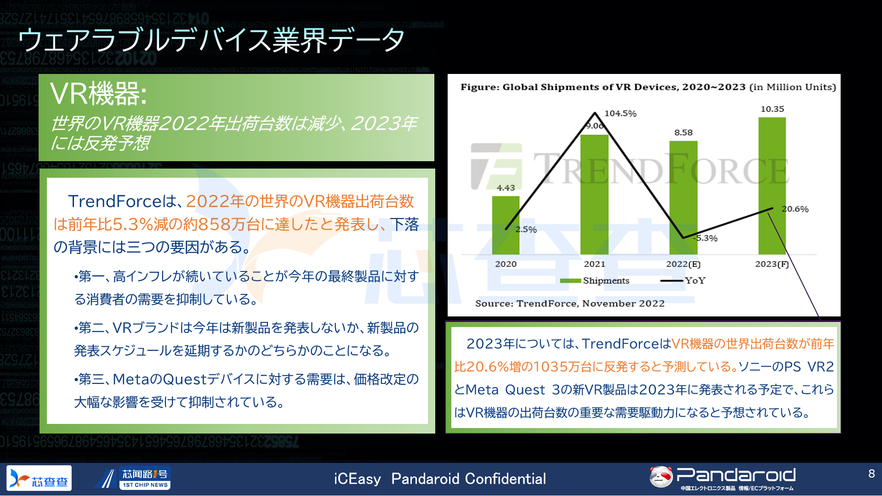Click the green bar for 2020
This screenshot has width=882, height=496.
coord(506,225)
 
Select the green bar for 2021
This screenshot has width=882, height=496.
coord(594,194)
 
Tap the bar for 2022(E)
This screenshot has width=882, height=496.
coord(683,197)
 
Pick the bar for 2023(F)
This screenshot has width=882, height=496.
coord(772,186)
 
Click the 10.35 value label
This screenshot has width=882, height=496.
coord(772,109)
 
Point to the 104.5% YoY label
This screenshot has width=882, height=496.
coord(620,113)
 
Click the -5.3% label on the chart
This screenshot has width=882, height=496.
coord(706,238)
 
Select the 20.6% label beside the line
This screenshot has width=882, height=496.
coord(795,209)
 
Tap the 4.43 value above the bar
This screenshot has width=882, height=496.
coord(506,187)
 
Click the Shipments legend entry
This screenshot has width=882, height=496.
coord(595,281)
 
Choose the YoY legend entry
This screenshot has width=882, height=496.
coord(683,281)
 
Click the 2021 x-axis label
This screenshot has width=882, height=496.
coord(594,264)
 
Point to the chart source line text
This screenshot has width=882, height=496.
coord(570,303)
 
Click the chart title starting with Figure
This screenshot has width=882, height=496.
coord(648,87)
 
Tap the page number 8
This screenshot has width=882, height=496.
coord(871,473)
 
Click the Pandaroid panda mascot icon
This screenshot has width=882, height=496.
coord(661,477)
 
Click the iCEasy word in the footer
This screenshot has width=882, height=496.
coord(357,479)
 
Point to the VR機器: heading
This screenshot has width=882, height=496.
coord(98,94)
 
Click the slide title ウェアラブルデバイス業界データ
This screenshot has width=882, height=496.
coord(211,40)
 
